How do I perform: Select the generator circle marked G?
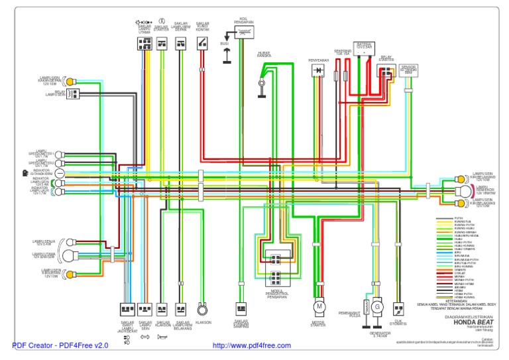tap(376, 307)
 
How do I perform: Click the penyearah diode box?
tap(318, 70)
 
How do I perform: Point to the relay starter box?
tap(384, 70)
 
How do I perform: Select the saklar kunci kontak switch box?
tap(202, 44)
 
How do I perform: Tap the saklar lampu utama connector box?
tap(144, 44)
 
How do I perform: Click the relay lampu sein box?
tap(73, 93)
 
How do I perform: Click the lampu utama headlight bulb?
tap(68, 255)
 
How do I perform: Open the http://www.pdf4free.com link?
tap(251, 346)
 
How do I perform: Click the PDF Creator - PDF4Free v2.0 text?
tap(60, 346)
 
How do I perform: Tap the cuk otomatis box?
tap(398, 309)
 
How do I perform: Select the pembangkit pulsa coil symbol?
tap(363, 303)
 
